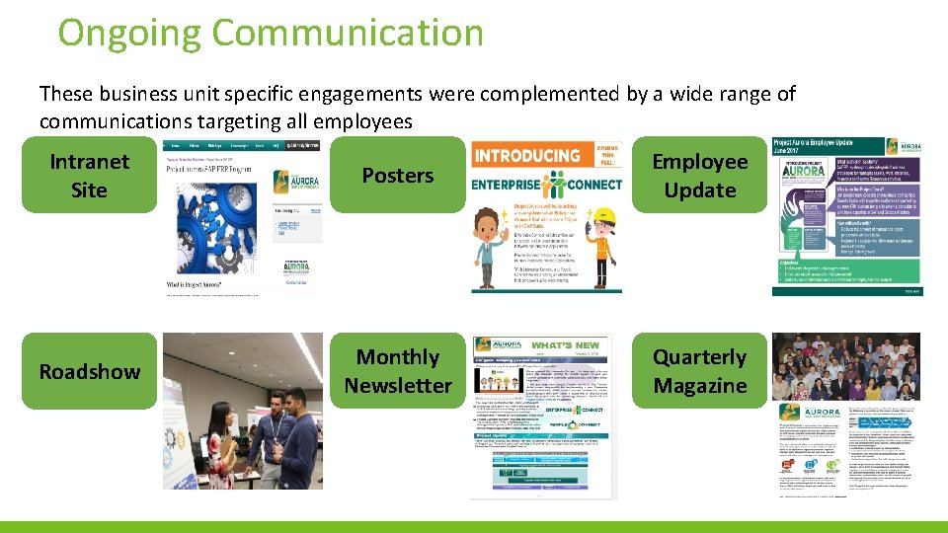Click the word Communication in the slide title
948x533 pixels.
[x=349, y=33]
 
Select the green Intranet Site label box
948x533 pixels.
[x=89, y=176]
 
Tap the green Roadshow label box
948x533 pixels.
[x=89, y=372]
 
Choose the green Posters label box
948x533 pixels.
[x=397, y=176]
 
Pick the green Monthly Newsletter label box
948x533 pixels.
[x=397, y=371]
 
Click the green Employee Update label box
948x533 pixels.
[x=699, y=176]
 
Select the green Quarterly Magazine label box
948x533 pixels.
[x=699, y=371]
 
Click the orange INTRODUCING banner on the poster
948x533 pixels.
[x=528, y=156]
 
